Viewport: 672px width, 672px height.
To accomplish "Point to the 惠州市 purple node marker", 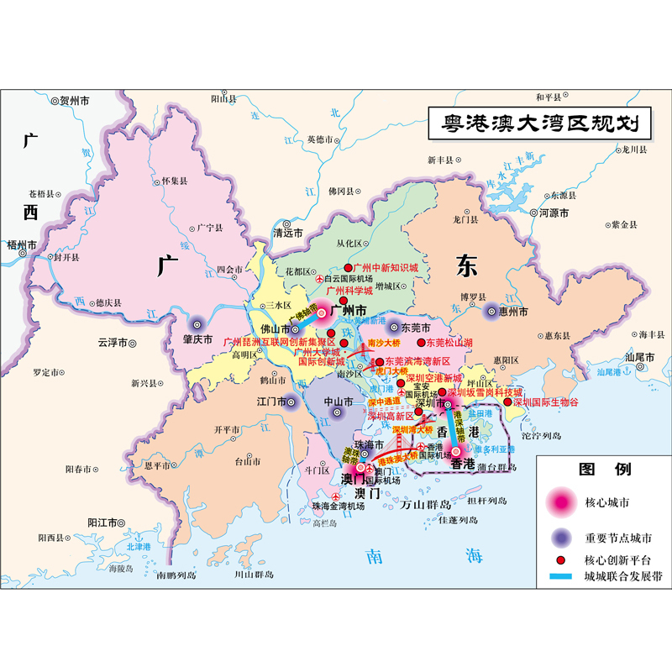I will click(493, 312).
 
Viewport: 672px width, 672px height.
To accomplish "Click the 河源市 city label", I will click(554, 213).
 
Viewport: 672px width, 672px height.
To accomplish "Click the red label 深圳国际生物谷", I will click(546, 402).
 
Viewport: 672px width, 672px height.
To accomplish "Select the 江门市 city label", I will click(272, 402).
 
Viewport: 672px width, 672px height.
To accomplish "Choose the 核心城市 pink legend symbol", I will click(559, 502).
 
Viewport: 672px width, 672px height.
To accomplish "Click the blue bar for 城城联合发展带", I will click(558, 577).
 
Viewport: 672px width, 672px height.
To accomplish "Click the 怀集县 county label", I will click(175, 181).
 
